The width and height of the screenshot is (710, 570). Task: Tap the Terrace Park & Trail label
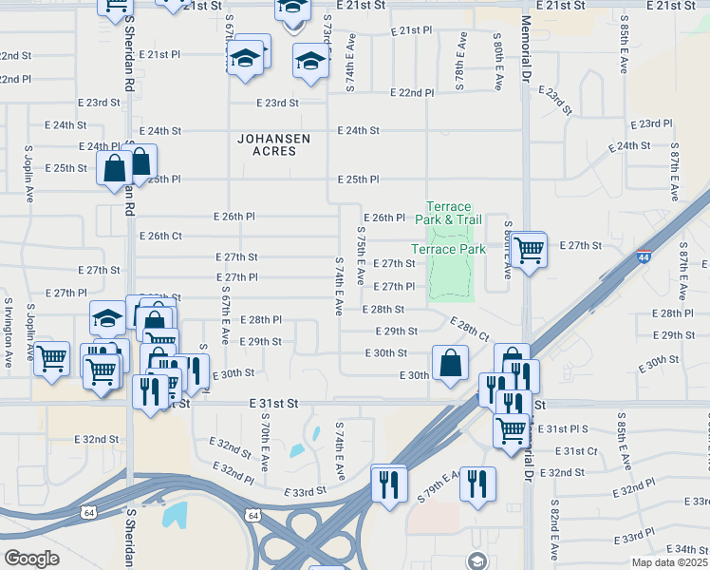coord(448,213)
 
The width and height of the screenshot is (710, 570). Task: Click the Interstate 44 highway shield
coord(645,257)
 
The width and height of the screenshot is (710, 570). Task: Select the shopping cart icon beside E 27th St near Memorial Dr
coord(530,250)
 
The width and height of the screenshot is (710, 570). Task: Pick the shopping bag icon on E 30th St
coord(450,362)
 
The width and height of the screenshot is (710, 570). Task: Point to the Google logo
coord(31,559)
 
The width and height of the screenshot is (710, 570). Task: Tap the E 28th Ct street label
coord(470,330)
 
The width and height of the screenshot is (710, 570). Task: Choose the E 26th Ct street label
coord(160,236)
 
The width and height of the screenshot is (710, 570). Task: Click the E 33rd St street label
coord(305,491)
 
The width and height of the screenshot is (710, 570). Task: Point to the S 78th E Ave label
coord(461,62)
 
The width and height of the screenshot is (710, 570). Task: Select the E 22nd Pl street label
coord(413,93)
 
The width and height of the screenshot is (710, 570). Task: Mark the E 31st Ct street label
coord(575,451)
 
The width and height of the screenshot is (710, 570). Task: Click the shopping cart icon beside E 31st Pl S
coord(511,430)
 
